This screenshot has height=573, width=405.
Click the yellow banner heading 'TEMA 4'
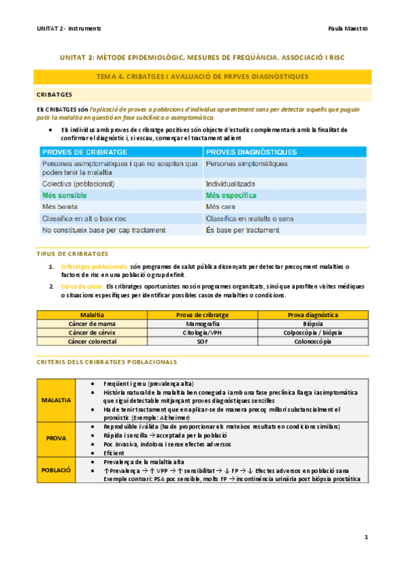coord(202,77)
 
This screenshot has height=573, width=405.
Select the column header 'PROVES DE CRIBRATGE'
coord(80,151)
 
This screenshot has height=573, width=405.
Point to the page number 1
coord(366,537)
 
